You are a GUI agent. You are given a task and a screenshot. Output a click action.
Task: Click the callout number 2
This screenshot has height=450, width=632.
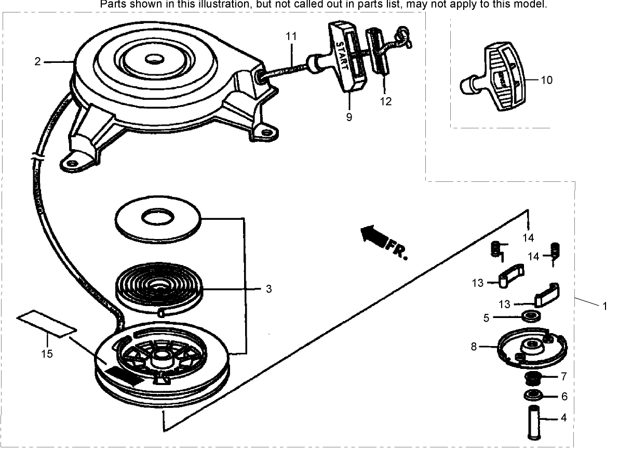coord(37,62)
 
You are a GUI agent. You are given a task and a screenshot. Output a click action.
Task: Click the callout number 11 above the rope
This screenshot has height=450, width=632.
coord(291,36)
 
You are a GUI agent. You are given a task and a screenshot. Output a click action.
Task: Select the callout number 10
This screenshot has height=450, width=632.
coord(547,80)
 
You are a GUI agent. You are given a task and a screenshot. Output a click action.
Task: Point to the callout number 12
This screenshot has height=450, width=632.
coord(385,101)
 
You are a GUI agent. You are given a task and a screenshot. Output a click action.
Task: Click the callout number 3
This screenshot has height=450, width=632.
coord(268,289)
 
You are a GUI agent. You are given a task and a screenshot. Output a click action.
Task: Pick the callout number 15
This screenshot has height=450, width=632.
coord(47,354)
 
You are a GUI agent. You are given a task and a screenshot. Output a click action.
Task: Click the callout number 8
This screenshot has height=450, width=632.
coord(474,346)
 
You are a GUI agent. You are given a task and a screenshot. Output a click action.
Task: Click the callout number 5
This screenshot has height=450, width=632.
coord(486,317)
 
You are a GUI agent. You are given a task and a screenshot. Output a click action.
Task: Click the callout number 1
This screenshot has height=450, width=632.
coord(604,306)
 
